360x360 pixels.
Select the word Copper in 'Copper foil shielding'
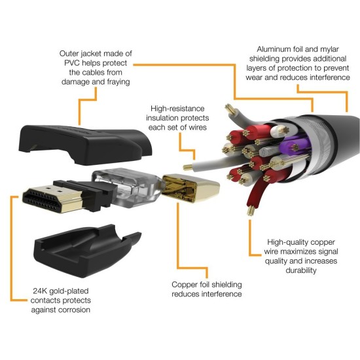186,285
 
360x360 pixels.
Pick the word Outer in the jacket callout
71,53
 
